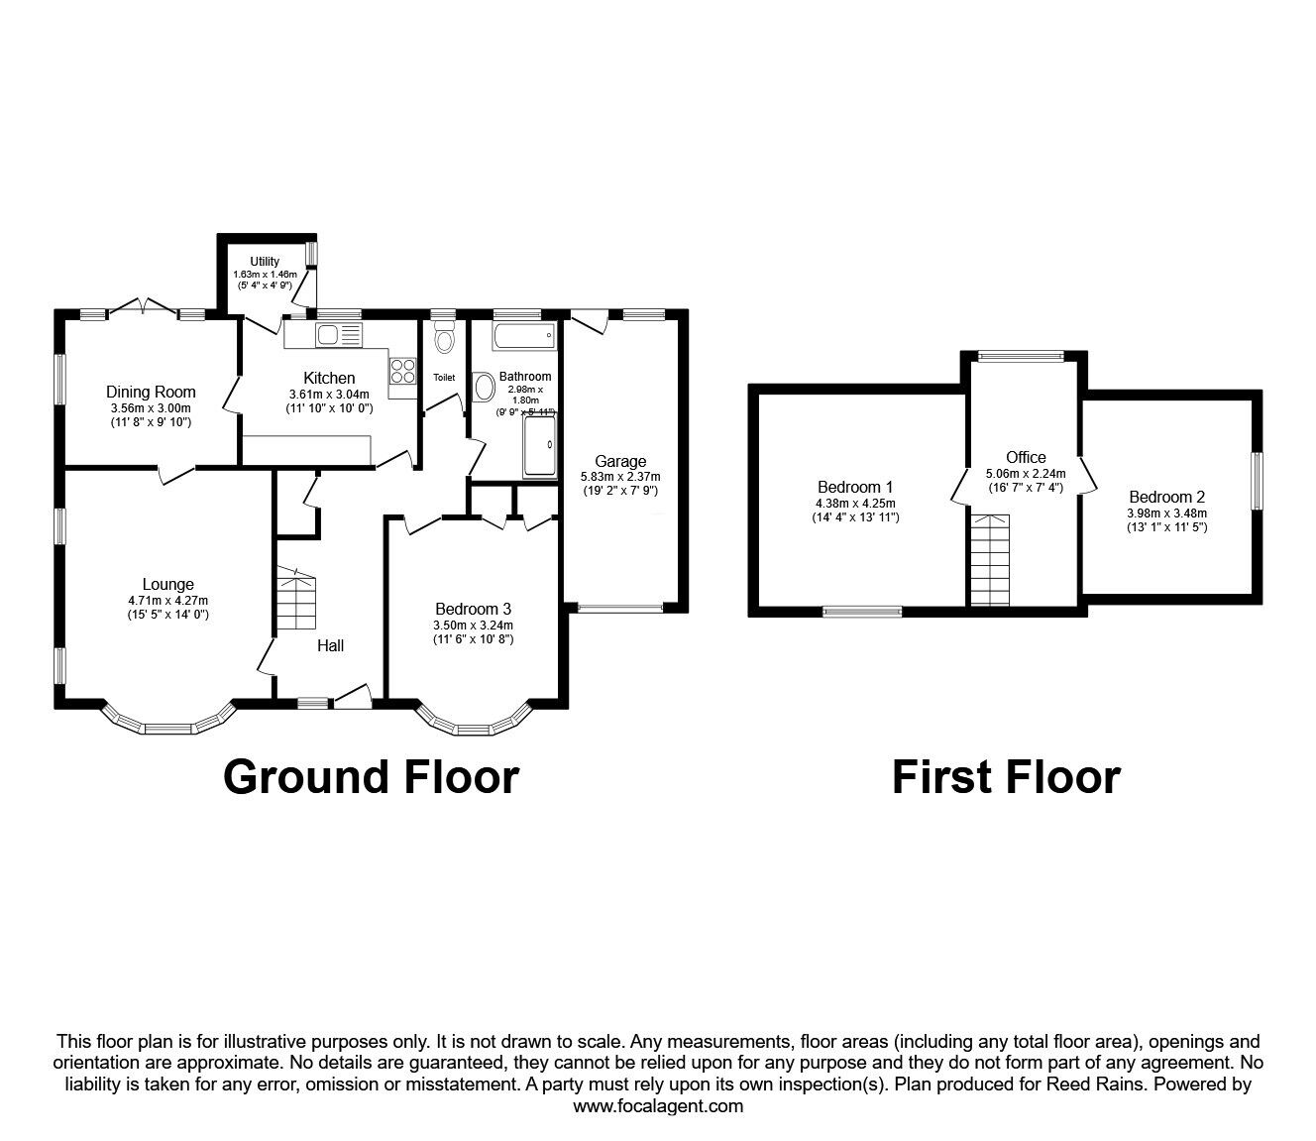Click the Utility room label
pos(265,261)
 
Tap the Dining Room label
pos(151,392)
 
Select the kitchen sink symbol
pos(339,335)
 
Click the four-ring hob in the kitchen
pos(403,371)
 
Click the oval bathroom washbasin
pos(484,388)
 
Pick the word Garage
pos(620,461)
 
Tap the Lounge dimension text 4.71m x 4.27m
pos(168,600)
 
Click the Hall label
pos(330,645)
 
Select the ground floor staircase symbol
pos(296,598)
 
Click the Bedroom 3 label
pos(473,609)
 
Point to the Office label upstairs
pos(1026,457)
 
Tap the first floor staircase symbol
pos(990,560)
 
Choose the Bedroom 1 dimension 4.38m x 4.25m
pos(855,504)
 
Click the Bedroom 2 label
pos(1167,497)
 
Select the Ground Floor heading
pos(372,778)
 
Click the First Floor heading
pos(1007,778)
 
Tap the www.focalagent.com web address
pos(658,1106)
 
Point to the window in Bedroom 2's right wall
pos(1258,481)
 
